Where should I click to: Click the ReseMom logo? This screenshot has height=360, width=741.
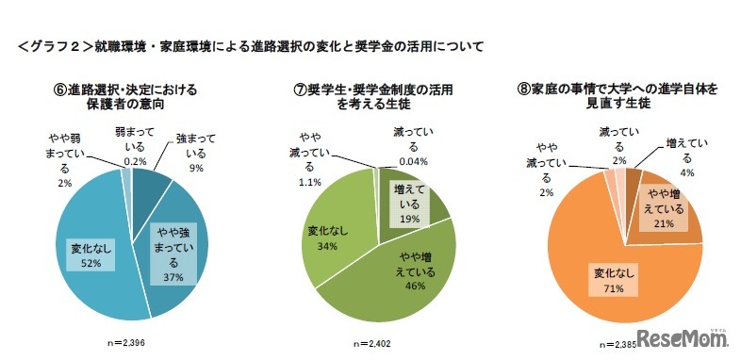[x=683, y=339]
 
